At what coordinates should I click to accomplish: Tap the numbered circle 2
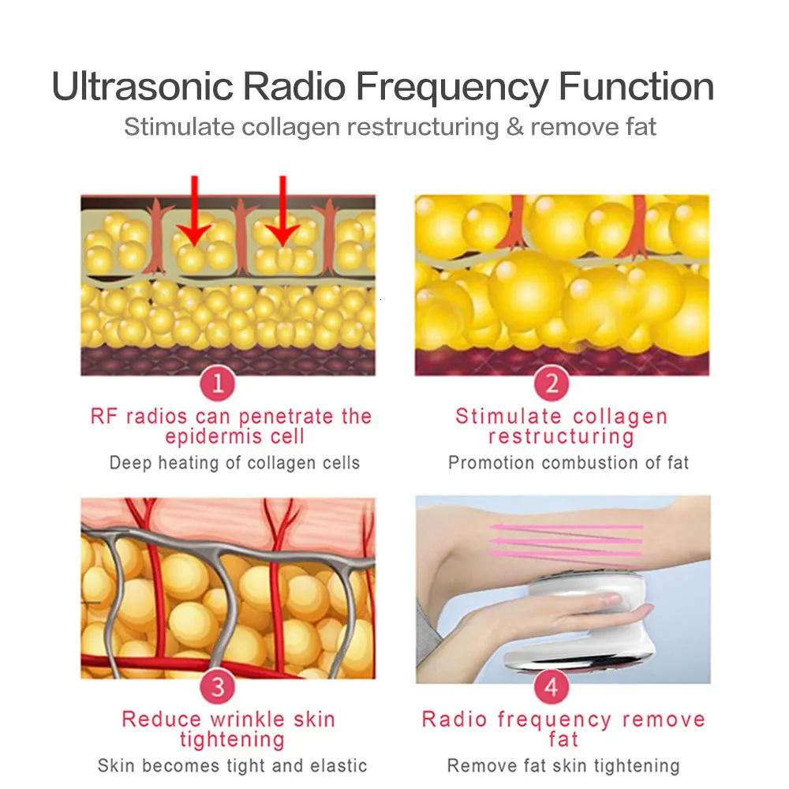(552, 385)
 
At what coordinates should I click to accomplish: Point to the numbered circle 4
(552, 686)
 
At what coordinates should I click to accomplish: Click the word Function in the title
(636, 87)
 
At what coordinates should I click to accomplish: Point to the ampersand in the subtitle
(514, 126)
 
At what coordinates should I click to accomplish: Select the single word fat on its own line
(563, 740)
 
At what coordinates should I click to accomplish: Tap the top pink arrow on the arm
(564, 526)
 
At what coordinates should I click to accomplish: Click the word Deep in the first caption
(130, 463)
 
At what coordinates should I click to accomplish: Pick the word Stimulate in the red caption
(509, 417)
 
